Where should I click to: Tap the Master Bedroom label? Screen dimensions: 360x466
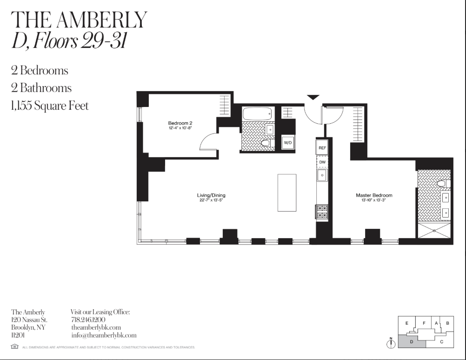coord(374,195)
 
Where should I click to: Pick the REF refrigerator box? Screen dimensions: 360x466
coord(322,147)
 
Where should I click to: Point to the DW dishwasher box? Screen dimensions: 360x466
coord(322,162)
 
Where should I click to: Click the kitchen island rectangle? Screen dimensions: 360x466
coord(287,193)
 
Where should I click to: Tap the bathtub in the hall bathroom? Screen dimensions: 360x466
coord(257,113)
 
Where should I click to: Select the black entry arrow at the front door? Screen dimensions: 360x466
coord(313,97)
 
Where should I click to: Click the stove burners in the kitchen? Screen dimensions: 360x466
coord(322,212)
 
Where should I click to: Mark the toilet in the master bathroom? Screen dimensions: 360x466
coord(442,184)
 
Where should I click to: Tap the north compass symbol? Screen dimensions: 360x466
coord(391,344)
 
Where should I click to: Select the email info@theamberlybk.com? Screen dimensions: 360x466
coord(104,335)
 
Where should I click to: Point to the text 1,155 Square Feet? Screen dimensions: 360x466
coord(50,106)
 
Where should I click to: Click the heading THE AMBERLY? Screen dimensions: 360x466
coord(79,20)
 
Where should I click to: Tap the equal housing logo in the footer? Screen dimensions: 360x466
coord(14,347)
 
